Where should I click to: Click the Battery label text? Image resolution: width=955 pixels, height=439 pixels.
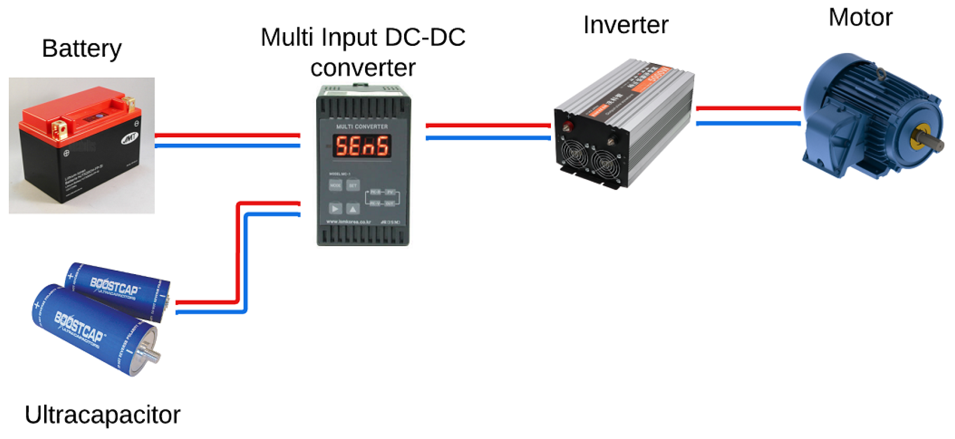click(82, 49)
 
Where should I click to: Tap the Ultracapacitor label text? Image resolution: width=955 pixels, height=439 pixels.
click(103, 415)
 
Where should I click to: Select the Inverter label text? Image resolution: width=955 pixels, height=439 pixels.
click(625, 25)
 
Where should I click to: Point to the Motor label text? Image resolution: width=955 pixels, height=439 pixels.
click(860, 17)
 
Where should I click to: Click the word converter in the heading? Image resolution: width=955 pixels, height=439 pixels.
click(363, 67)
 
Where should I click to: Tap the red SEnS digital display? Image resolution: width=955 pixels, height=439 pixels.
click(362, 146)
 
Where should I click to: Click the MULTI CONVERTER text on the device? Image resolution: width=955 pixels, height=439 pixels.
click(362, 127)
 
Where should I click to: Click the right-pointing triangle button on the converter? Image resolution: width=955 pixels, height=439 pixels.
click(335, 209)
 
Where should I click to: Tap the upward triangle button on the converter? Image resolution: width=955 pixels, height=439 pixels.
click(353, 209)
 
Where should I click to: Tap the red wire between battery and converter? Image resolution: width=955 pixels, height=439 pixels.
click(227, 135)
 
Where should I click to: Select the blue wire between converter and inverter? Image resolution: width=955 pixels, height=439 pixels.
click(488, 138)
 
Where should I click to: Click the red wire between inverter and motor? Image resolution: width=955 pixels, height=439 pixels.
click(748, 108)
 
